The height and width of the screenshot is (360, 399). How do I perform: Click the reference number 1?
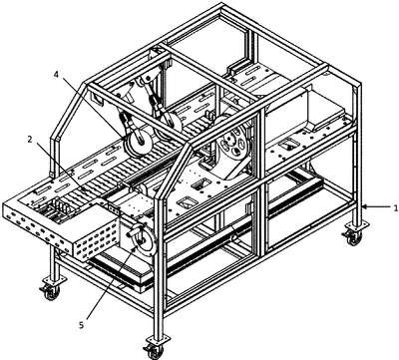[x=395, y=208]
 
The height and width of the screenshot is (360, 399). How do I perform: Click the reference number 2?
[x=30, y=140]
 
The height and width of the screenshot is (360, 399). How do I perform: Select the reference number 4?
[x=56, y=75]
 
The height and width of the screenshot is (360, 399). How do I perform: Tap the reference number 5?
[x=82, y=324]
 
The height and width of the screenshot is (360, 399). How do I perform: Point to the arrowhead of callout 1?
[x=365, y=206]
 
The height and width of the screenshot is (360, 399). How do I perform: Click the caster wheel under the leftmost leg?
[x=51, y=292]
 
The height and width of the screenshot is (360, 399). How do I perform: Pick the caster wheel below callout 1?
[x=353, y=237]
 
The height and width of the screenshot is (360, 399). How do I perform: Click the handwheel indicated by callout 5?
[x=142, y=238]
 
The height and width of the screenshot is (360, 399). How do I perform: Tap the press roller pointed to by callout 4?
[x=138, y=143]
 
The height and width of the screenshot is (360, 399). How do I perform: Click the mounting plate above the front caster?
[x=158, y=339]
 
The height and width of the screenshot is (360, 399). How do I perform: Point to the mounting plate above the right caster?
[x=356, y=226]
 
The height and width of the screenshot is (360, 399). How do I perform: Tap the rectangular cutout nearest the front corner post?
[x=188, y=202]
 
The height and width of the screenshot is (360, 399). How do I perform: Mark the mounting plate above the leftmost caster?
[x=53, y=281]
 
